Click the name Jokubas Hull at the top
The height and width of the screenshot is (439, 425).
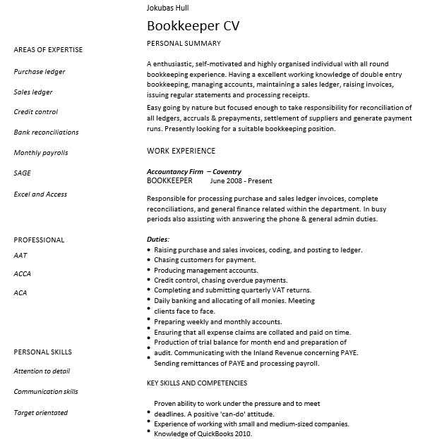169,8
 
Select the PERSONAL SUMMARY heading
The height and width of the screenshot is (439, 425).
183,44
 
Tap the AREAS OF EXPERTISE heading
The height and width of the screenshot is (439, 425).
48,49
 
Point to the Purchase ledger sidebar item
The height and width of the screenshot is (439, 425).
40,72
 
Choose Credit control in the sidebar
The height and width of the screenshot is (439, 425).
36,112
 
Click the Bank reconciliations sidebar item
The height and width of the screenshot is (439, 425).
46,132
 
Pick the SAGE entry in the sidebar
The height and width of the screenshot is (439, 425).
22,173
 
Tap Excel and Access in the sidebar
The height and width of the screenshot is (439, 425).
40,194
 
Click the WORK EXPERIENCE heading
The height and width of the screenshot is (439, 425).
181,151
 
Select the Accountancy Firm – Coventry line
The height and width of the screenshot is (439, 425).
193,171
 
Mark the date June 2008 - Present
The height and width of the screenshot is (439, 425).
236,180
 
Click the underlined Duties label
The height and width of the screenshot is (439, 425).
157,240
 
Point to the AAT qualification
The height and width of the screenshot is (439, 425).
20,256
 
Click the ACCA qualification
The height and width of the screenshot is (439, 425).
23,273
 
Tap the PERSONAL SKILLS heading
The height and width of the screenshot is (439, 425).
42,352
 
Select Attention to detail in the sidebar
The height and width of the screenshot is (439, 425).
42,371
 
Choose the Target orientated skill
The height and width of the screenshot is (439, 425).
41,412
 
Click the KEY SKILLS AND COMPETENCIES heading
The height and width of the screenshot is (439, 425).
196,383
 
